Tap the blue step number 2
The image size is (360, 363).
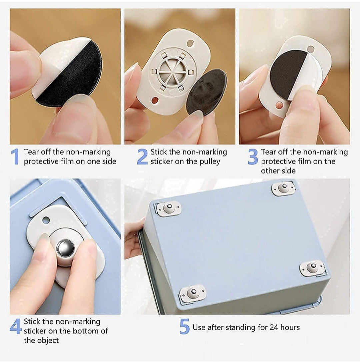tap(142, 157)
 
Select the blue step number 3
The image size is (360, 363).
tap(253, 157)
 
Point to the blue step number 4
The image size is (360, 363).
tap(16, 326)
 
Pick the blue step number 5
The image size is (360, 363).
tap(185, 326)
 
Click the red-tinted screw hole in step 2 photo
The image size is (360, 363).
tap(155, 101)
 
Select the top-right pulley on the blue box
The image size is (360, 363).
tap(283, 188)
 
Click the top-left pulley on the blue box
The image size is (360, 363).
tap(168, 208)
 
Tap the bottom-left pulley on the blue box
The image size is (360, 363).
tap(192, 293)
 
